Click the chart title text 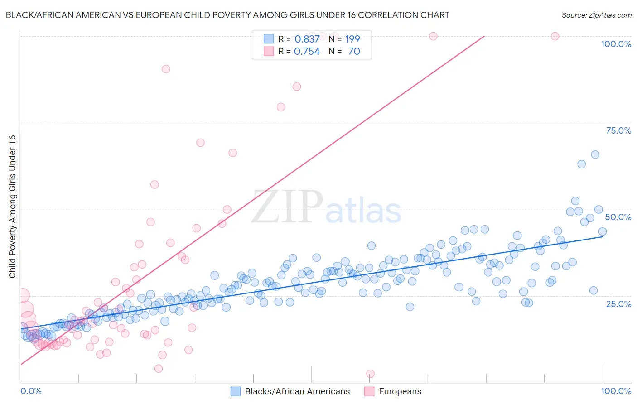tap(227, 15)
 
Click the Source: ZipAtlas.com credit tap(596, 15)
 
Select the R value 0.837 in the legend tap(307, 39)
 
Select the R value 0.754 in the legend tap(307, 52)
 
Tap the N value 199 tap(352, 39)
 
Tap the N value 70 tap(354, 52)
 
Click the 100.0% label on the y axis tap(616, 44)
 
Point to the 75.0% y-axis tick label tap(618, 130)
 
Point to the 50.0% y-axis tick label tap(618, 217)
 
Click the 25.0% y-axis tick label tap(618, 304)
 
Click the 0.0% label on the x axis tap(31, 391)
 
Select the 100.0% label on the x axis tap(616, 391)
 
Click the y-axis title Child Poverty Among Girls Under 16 tap(12, 207)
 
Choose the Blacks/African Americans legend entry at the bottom tap(290, 391)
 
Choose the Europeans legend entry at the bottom tap(393, 391)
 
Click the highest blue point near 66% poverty tap(595, 154)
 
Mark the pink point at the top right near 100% tap(555, 36)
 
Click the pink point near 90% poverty tap(166, 69)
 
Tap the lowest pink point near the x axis tap(370, 374)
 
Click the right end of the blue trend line tap(603, 236)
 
